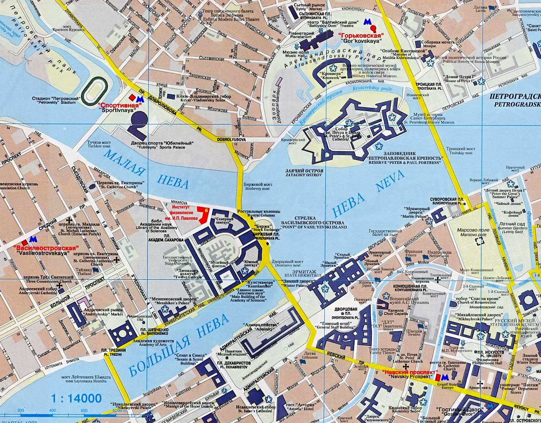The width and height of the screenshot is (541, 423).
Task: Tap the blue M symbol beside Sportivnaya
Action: coord(139,98)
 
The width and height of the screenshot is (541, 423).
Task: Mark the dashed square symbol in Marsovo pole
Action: coord(479,241)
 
